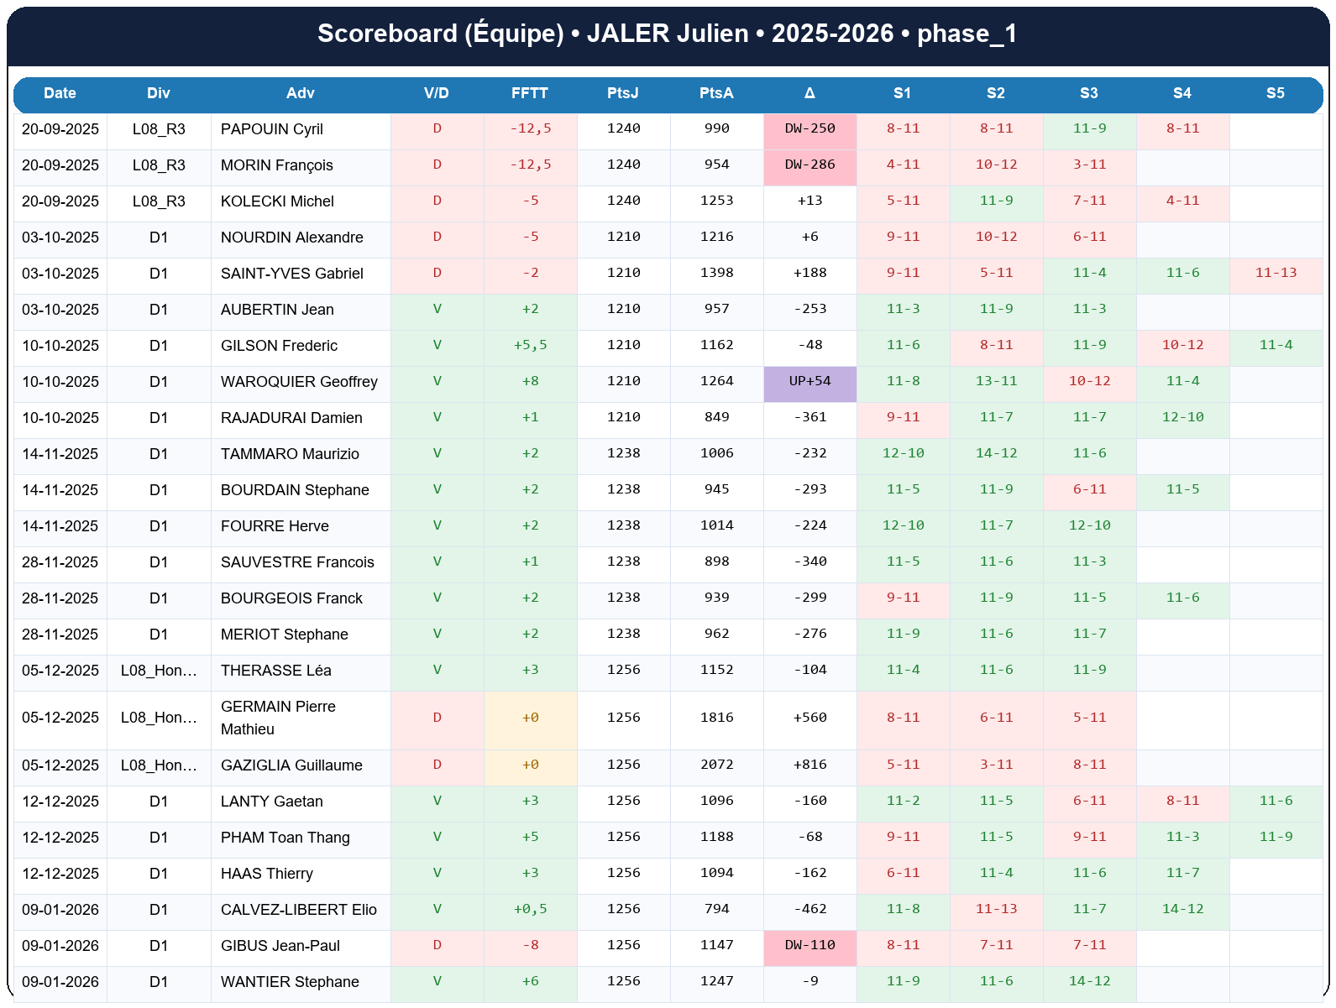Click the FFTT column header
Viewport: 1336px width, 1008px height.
[530, 93]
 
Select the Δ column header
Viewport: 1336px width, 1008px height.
[809, 93]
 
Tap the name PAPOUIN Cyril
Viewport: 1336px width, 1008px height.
[271, 129]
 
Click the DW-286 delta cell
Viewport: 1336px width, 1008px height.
[809, 165]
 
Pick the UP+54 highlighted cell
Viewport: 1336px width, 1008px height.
[809, 381]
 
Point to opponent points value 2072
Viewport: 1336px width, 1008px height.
[716, 765]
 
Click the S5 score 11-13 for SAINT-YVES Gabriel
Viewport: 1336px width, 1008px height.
[1276, 273]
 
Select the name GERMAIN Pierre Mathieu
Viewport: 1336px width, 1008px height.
[278, 718]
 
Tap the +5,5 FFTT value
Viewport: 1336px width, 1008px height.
[530, 345]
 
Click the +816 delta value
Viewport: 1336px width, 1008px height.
[809, 765]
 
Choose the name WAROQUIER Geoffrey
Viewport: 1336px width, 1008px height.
[299, 382]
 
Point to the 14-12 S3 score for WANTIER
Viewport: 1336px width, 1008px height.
[1089, 981]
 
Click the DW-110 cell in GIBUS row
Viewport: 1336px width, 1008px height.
[809, 945]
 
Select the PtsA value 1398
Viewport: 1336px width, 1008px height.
[716, 273]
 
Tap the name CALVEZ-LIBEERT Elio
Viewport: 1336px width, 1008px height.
[298, 910]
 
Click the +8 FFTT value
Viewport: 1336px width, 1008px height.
[530, 381]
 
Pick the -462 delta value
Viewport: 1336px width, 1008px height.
[809, 909]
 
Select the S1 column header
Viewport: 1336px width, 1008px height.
[902, 93]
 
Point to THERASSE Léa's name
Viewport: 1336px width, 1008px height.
[275, 671]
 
